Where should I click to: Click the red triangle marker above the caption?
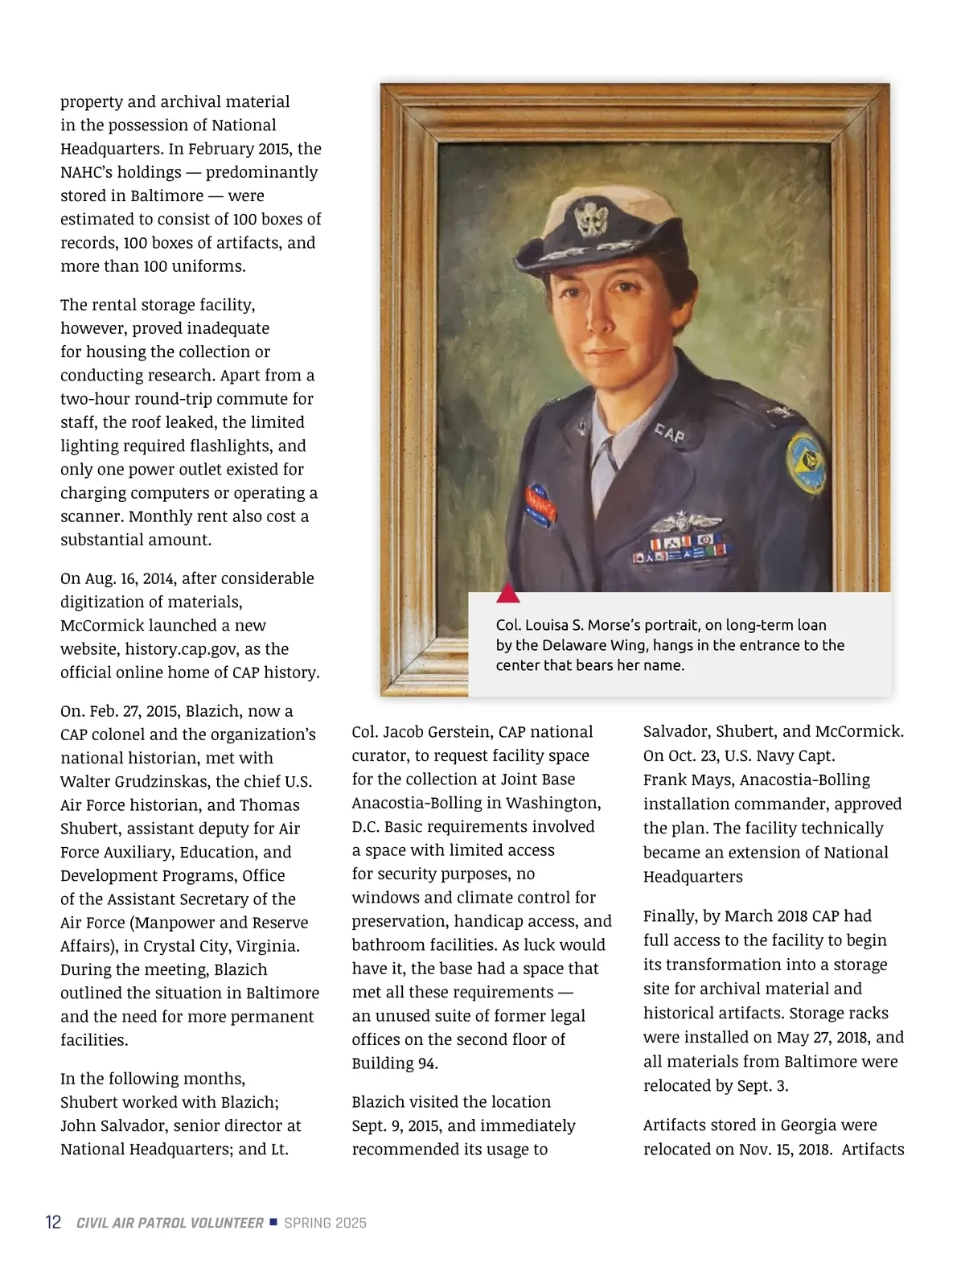pos(507,594)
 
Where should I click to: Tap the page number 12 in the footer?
pos(53,1223)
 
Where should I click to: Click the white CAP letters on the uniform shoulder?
pos(669,434)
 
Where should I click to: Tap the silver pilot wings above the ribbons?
pos(684,524)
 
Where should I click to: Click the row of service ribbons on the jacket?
pos(683,551)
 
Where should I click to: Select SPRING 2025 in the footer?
pos(325,1223)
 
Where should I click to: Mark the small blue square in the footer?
pos(273,1222)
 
